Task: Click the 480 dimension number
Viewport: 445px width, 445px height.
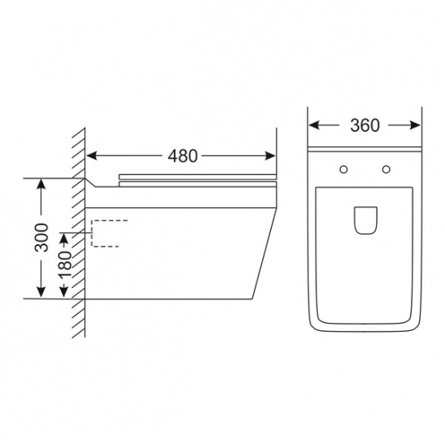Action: [x=183, y=156]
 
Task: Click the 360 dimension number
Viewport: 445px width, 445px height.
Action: [x=365, y=125]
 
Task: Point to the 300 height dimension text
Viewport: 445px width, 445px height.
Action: [x=41, y=238]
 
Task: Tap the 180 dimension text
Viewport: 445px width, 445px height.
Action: [x=65, y=265]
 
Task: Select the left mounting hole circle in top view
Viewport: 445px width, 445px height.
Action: [x=344, y=169]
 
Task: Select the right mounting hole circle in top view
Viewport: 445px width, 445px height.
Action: [x=386, y=169]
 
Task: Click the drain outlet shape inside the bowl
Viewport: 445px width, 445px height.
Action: [x=366, y=221]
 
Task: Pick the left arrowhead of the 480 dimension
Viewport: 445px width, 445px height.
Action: [x=91, y=156]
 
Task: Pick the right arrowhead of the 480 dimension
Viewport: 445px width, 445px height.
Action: [x=270, y=156]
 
